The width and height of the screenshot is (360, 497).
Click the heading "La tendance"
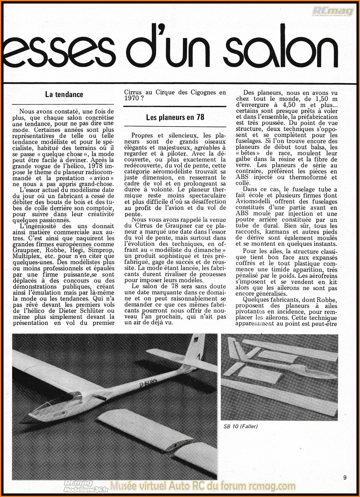64,95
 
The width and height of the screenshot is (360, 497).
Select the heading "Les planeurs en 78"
175,118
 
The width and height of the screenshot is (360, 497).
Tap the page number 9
345,478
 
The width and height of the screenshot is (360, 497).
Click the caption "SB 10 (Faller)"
241,426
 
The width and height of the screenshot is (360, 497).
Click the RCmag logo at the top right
333,11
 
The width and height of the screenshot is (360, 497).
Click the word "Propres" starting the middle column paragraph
142,135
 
